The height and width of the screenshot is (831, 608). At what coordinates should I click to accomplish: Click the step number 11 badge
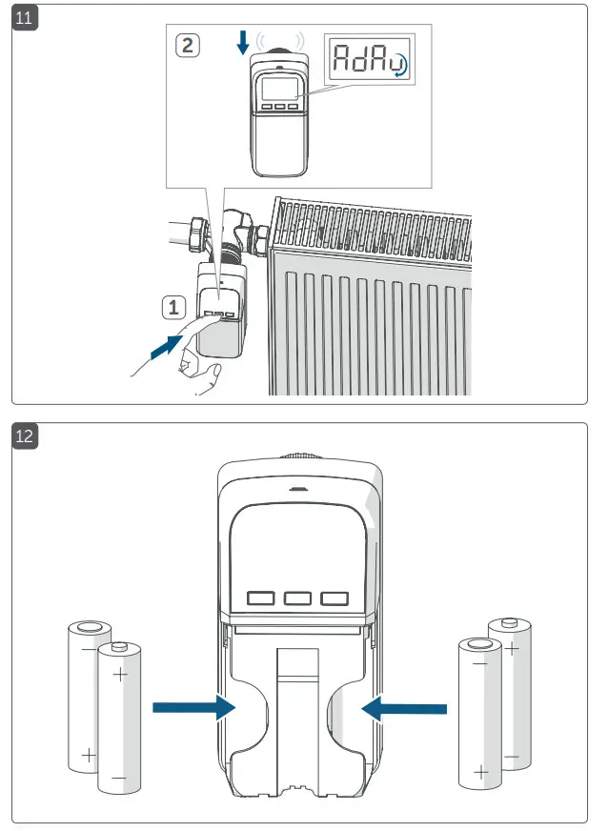(25, 18)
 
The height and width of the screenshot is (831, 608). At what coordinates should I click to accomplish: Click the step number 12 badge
(26, 437)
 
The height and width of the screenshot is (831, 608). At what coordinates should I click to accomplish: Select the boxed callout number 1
(172, 307)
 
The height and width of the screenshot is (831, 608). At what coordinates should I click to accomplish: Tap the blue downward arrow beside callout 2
(243, 41)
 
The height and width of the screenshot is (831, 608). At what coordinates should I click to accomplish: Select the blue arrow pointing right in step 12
(195, 707)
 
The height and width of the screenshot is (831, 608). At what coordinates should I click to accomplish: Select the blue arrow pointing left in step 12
(404, 707)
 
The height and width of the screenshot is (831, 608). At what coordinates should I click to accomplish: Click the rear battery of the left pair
(88, 691)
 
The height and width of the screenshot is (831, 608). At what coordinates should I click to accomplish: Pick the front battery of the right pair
(480, 713)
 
